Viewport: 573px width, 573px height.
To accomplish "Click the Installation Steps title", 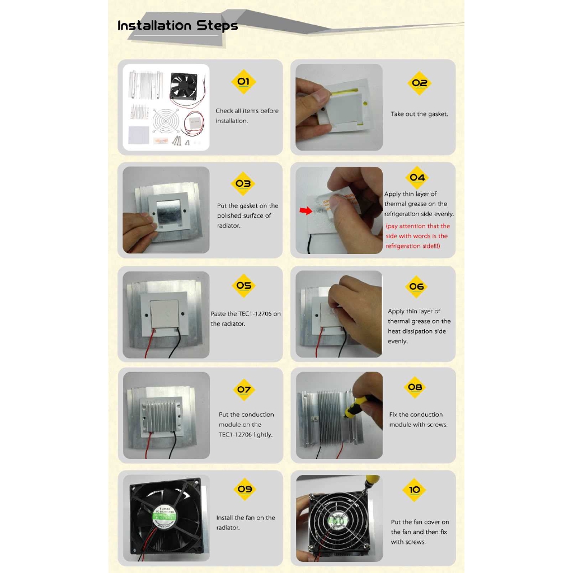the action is tap(177, 26).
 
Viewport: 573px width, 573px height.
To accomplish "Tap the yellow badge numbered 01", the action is tap(244, 82).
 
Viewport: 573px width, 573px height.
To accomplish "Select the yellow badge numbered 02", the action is tap(419, 83).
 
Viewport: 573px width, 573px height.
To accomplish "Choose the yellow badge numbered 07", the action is tap(244, 389).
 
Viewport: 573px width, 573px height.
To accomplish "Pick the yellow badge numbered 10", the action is tap(414, 490).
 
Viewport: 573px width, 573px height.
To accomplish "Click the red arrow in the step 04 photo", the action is tap(306, 210).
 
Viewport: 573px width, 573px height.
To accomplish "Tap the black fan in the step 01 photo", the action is tap(184, 86).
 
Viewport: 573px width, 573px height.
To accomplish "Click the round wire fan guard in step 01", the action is tap(166, 121).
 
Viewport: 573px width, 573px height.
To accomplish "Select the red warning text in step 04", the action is tap(417, 236).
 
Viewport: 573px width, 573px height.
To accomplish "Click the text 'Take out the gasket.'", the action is tap(419, 114).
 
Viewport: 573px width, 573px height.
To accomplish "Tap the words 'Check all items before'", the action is tap(247, 111).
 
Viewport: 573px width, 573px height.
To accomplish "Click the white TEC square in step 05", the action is tap(165, 314).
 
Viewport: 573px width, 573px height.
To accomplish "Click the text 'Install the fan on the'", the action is tap(246, 518).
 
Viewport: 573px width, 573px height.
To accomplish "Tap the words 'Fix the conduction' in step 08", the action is tap(416, 415).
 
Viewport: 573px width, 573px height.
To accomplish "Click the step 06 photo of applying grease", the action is tap(339, 314).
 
